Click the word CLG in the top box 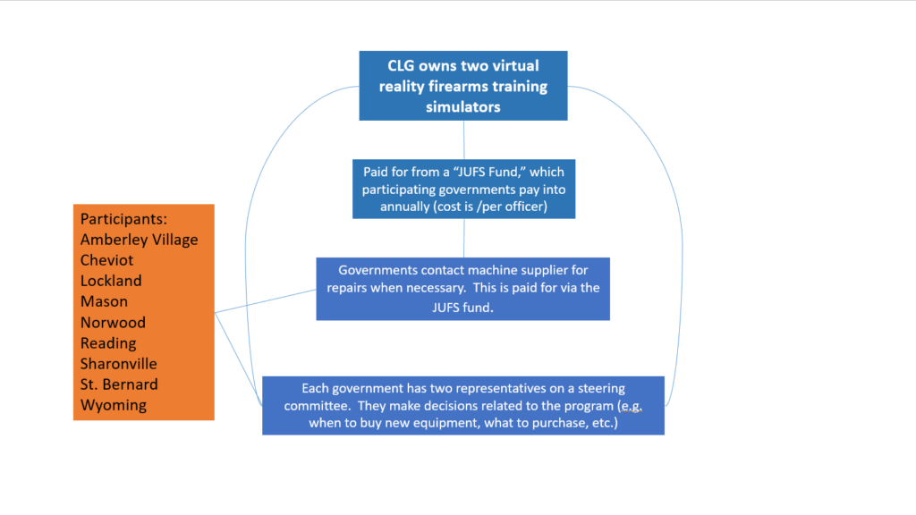coord(401,66)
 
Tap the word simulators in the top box coord(463,107)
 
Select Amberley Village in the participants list coord(139,240)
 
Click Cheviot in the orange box coord(107,260)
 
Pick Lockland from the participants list coord(111,281)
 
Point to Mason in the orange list coord(104,302)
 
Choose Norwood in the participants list coord(114,322)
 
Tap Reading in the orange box coord(108,343)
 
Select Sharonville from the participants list coord(119,364)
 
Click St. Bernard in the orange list coord(119,384)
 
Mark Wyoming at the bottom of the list coord(114,405)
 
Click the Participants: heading coord(123,219)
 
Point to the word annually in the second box coord(405,207)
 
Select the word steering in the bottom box coord(601,389)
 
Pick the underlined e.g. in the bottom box coord(631,406)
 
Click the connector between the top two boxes coord(464,140)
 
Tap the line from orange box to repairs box coord(266,301)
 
